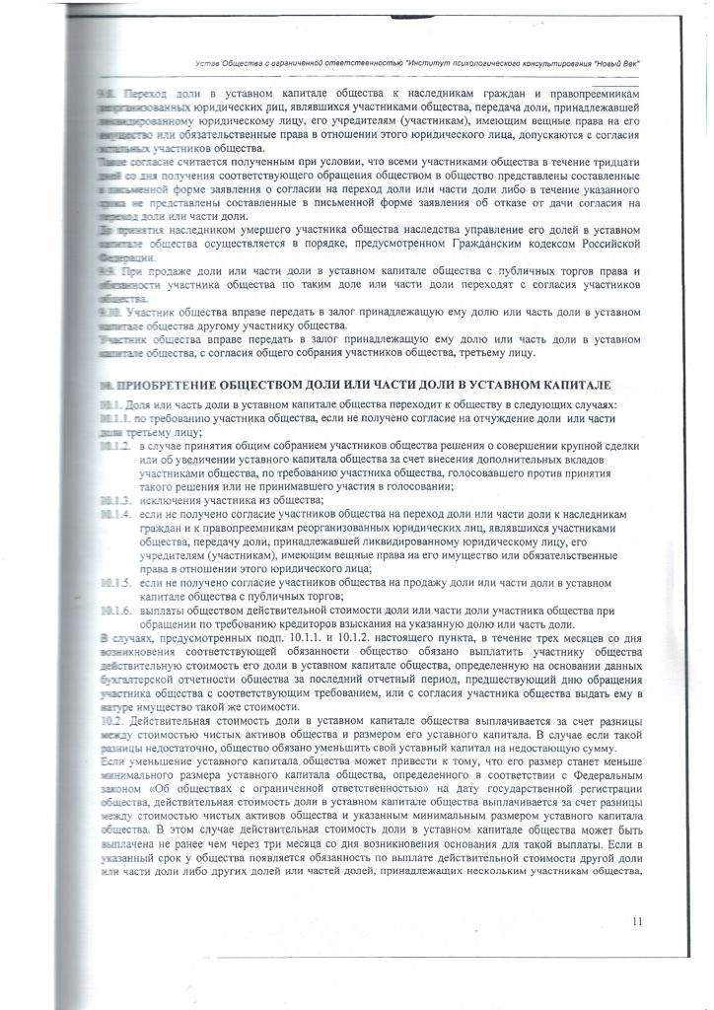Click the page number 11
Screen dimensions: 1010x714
637,921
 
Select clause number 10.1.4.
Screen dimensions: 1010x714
114,516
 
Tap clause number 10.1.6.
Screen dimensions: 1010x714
114,611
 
